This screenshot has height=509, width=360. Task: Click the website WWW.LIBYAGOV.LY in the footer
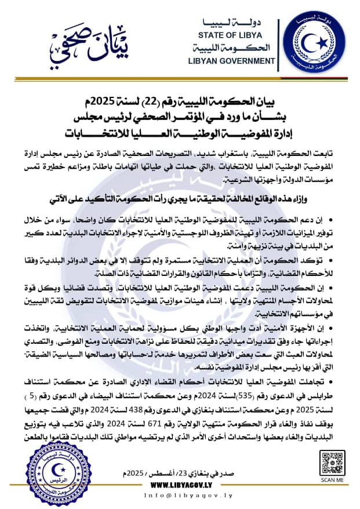[180, 486]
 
